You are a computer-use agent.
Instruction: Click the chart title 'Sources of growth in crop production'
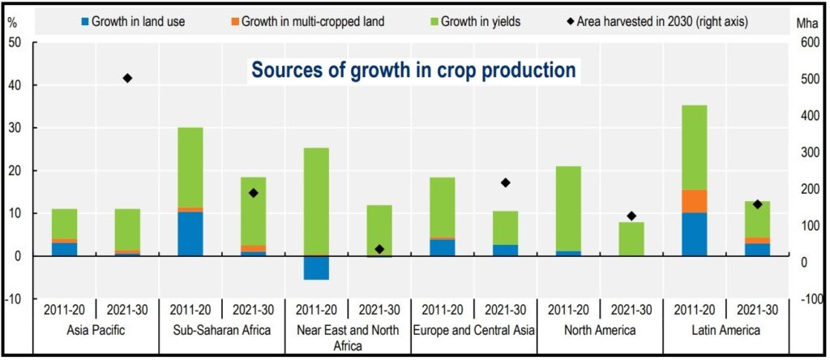pos(413,70)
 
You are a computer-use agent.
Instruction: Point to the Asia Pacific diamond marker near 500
pos(127,78)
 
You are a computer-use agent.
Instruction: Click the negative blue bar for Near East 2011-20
pos(316,268)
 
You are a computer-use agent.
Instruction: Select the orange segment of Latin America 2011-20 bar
pos(695,201)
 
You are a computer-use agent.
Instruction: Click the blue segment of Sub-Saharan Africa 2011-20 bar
pos(190,234)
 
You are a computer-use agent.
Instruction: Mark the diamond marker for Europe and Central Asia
pos(506,182)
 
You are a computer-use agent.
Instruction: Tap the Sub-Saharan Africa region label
pos(221,330)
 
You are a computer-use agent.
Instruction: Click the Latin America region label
pos(725,330)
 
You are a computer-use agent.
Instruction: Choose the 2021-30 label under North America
pos(631,309)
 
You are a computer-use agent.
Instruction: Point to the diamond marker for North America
pos(631,216)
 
